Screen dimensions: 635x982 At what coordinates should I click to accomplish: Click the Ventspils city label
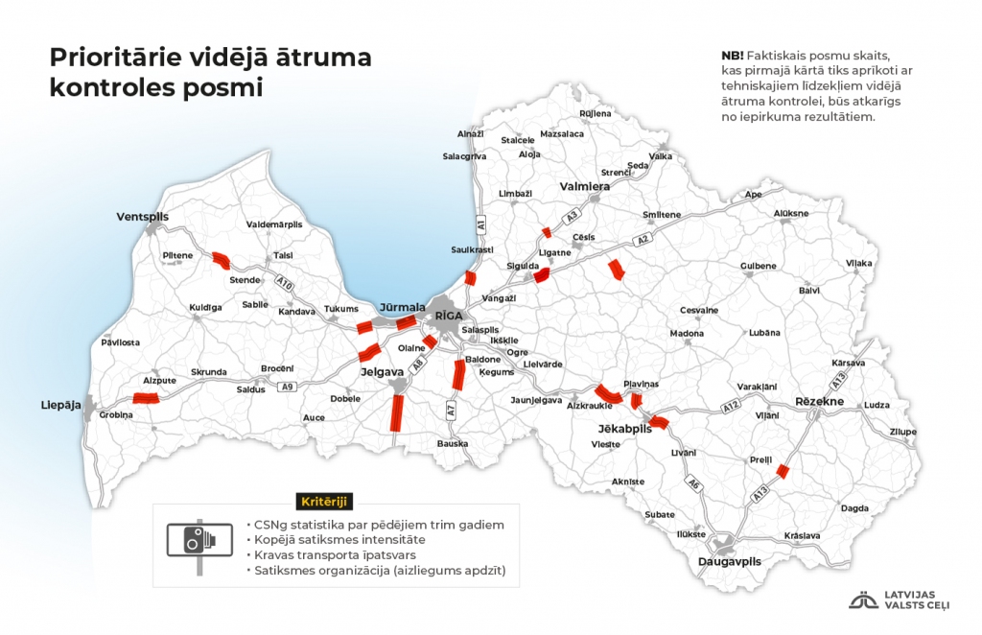142,217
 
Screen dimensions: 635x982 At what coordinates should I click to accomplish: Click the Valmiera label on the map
585,186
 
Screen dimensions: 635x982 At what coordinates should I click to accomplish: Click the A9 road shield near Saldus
286,387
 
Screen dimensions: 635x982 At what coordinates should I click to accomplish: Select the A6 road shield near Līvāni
692,485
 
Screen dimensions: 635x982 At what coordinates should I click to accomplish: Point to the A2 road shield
643,239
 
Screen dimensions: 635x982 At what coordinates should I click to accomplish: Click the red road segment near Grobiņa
146,398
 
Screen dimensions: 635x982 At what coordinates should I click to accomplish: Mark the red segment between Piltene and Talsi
221,258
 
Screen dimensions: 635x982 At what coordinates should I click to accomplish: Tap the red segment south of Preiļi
783,470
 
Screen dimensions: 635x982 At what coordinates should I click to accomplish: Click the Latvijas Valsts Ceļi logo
907,600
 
